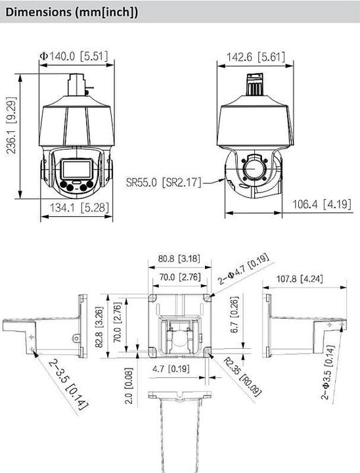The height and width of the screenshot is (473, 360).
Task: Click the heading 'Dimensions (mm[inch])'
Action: (x=72, y=12)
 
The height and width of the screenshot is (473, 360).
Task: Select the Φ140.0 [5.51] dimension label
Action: (x=74, y=56)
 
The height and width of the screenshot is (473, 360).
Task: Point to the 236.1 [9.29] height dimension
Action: (x=11, y=125)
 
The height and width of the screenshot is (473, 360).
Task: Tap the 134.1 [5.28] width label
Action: (x=79, y=208)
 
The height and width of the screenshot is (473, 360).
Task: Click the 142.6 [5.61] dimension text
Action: (x=256, y=56)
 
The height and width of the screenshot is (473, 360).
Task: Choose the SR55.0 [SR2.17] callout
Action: (x=164, y=182)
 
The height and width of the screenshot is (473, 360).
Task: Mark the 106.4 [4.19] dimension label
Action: (x=322, y=204)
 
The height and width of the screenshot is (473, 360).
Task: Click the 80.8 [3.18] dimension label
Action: (x=179, y=258)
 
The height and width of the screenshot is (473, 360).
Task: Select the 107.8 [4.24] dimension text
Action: (x=300, y=279)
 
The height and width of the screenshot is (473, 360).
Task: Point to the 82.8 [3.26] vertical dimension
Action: (x=99, y=327)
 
